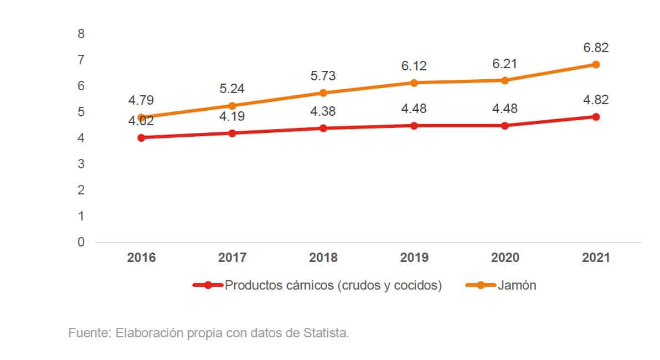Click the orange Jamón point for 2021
[596, 64]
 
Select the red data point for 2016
[141, 137]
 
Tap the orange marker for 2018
[323, 92]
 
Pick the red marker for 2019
[414, 125]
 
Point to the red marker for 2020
[504, 125]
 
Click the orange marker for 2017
[232, 105]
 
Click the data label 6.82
[596, 48]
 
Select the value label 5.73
[323, 76]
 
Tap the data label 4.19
[232, 116]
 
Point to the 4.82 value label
[596, 100]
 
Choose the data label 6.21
[504, 64]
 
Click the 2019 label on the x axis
[414, 258]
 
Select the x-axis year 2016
[141, 258]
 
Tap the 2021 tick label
[596, 258]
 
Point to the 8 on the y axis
[81, 34]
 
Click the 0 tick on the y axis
[81, 242]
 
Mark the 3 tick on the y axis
[81, 164]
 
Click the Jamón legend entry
[516, 286]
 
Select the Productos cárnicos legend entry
[332, 286]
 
